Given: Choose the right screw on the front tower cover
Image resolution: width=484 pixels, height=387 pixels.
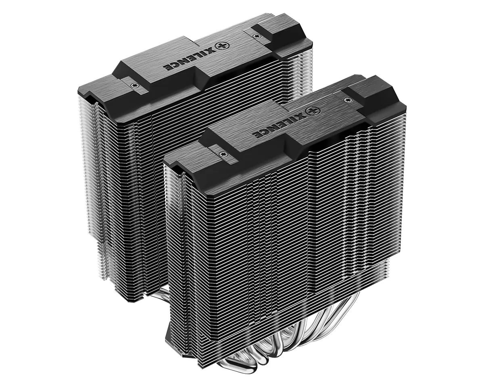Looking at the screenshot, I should (x=346, y=98).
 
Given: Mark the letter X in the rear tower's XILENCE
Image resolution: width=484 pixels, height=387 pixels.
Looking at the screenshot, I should (x=211, y=50).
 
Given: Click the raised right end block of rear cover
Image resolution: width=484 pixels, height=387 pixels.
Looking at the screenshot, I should (x=278, y=30).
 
